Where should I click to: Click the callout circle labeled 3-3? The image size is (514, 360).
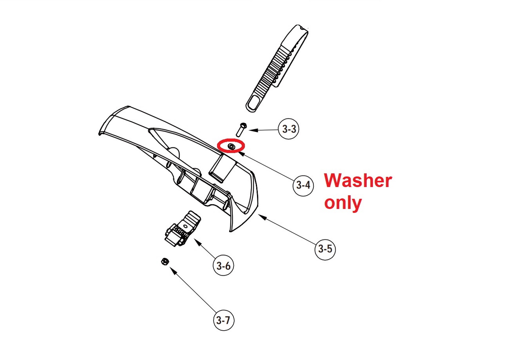point(288,129)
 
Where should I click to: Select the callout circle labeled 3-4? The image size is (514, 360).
point(303,185)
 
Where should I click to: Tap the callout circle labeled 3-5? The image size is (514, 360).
point(325,249)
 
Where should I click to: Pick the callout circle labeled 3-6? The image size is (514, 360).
point(223,266)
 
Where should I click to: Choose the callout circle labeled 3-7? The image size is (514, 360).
point(223,320)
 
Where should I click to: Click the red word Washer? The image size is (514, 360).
point(358,181)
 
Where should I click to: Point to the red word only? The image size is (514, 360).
point(343,203)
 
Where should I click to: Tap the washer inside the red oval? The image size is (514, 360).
point(231,146)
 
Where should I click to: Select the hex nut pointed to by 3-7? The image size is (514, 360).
point(165,261)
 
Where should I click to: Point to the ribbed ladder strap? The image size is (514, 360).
point(277,68)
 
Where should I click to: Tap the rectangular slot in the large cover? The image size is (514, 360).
point(222,168)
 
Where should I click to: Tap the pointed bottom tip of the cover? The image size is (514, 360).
point(230,231)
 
